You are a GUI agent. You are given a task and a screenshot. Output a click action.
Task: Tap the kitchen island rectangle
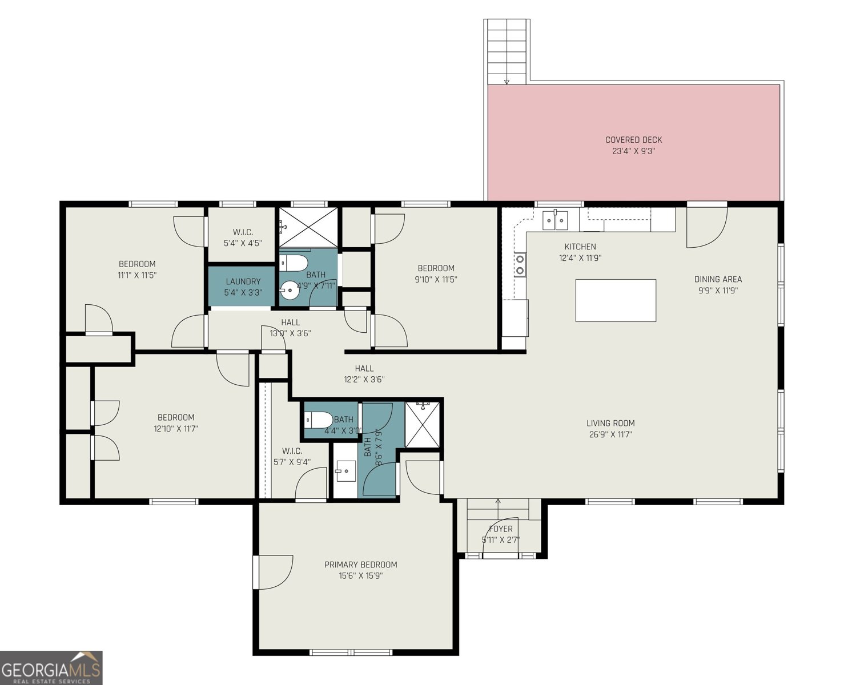[615, 300]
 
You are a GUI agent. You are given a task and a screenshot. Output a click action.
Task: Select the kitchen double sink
[554, 220]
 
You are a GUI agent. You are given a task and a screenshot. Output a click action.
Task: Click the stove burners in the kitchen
[520, 264]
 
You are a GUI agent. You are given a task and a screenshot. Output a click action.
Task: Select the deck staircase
[506, 51]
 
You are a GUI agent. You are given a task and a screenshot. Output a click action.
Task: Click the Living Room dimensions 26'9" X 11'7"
[610, 434]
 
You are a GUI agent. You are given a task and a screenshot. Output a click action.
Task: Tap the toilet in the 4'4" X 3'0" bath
[317, 420]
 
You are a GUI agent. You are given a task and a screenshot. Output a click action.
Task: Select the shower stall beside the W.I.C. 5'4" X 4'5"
[308, 227]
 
